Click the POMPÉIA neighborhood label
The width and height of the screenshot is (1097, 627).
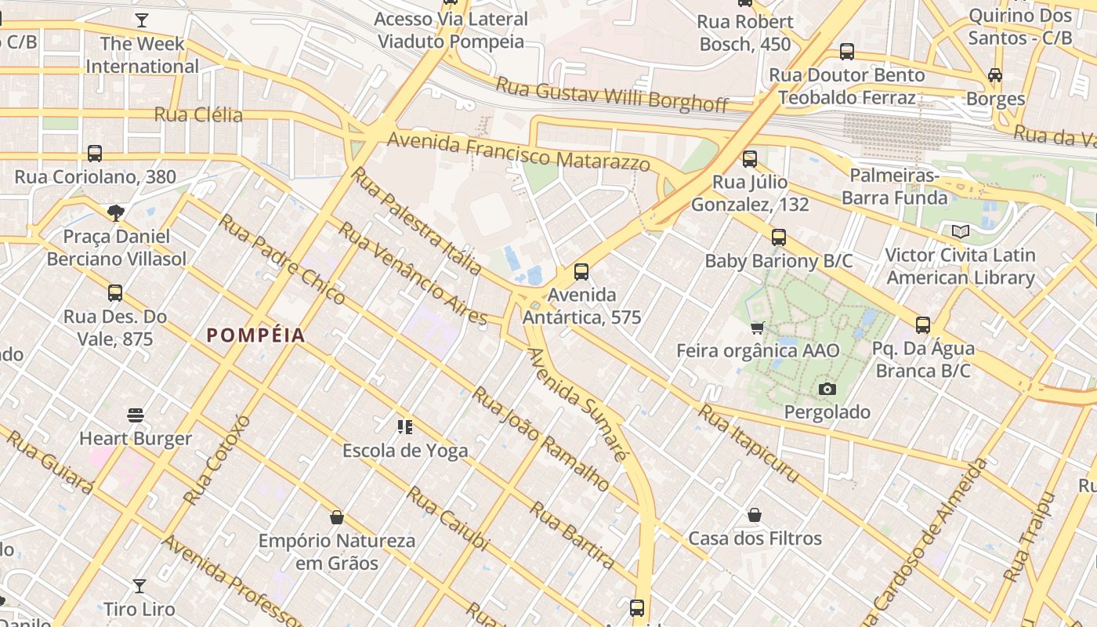point(255,335)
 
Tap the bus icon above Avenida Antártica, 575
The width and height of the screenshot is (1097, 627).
point(581,272)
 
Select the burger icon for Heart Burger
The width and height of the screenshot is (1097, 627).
point(136,415)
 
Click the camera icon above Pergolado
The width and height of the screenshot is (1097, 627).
point(827,389)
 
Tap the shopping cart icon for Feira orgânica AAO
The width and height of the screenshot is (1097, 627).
point(757,328)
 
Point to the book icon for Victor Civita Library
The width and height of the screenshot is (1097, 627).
point(960,231)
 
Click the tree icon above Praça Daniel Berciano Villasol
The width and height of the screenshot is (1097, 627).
point(116,212)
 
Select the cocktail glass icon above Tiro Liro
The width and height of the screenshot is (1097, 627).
point(139,585)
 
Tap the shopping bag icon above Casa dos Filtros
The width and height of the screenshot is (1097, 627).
point(755,515)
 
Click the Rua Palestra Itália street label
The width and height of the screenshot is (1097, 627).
point(416,221)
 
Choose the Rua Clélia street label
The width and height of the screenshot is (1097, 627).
point(198,115)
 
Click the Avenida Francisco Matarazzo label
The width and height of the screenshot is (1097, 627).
point(519,150)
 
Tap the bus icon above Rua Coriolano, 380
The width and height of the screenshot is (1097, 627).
point(95,153)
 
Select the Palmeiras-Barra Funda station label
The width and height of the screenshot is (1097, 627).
point(893,187)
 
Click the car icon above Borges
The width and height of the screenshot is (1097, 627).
point(995,75)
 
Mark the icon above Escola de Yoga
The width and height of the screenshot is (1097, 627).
point(405,427)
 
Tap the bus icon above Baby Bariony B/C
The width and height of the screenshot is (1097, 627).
point(778,237)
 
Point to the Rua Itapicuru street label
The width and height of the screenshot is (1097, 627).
point(749,444)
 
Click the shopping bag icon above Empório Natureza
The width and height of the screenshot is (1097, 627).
point(337,517)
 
